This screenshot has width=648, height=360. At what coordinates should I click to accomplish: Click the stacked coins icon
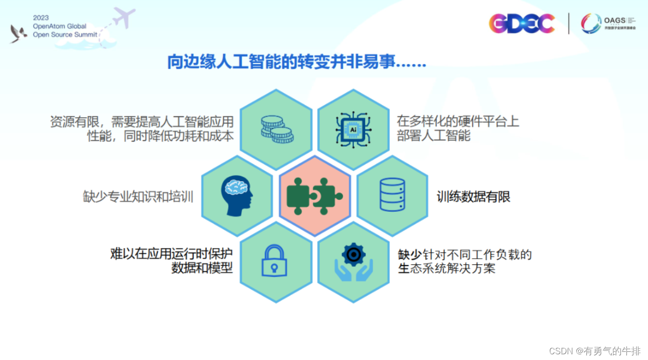pyautogui.click(x=277, y=129)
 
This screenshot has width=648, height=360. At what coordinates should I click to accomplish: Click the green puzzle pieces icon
pyautogui.click(x=314, y=196)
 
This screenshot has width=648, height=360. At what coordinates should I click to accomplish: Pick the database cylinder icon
pyautogui.click(x=392, y=195)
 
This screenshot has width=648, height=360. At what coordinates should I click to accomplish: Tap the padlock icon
pyautogui.click(x=274, y=261)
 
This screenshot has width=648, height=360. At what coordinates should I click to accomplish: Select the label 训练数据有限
pyautogui.click(x=473, y=196)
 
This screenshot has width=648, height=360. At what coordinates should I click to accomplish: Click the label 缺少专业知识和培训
pyautogui.click(x=138, y=196)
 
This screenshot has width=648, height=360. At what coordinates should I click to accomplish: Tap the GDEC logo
pyautogui.click(x=522, y=23)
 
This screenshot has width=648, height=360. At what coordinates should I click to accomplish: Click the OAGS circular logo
pyautogui.click(x=591, y=23)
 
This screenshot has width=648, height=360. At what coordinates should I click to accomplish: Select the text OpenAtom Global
pyautogui.click(x=59, y=26)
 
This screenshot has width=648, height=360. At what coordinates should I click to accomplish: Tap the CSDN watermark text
pyautogui.click(x=594, y=351)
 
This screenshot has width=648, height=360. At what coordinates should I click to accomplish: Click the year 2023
pyautogui.click(x=41, y=18)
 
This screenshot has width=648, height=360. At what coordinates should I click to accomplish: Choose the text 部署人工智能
pyautogui.click(x=433, y=135)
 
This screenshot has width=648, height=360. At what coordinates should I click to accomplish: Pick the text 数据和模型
pyautogui.click(x=202, y=268)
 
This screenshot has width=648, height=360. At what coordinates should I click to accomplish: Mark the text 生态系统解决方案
pyautogui.click(x=446, y=268)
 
